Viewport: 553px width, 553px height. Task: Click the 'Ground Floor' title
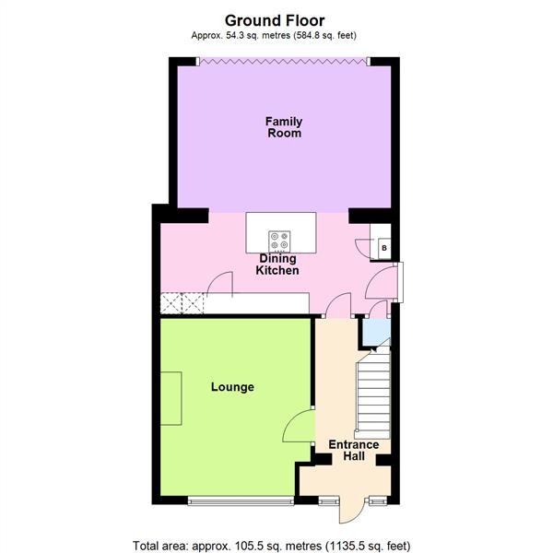[276, 19]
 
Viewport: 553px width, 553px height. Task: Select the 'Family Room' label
[283, 127]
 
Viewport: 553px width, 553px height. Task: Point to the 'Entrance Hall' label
[354, 451]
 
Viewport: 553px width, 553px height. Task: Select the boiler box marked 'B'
[382, 247]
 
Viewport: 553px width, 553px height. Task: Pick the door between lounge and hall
[301, 427]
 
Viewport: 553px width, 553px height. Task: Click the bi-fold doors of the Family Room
[283, 61]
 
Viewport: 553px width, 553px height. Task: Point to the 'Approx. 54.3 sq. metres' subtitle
[276, 35]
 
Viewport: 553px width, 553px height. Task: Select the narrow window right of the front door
[374, 502]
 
